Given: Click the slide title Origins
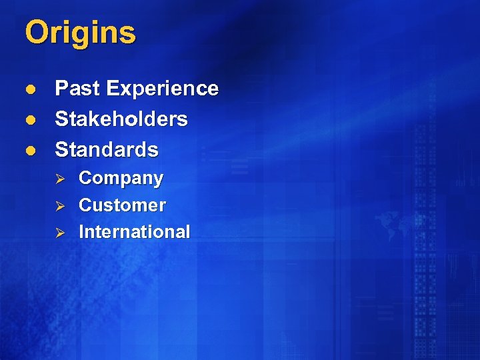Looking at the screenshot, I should [80, 33].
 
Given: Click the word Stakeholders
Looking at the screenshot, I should [121, 119].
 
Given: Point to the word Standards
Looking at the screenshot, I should [107, 149].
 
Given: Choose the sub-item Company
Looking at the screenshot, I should [121, 179].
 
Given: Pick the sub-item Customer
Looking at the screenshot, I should [122, 205].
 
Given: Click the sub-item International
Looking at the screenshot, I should [134, 232].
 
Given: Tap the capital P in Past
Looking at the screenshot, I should [61, 89].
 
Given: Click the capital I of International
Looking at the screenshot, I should [82, 232].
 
